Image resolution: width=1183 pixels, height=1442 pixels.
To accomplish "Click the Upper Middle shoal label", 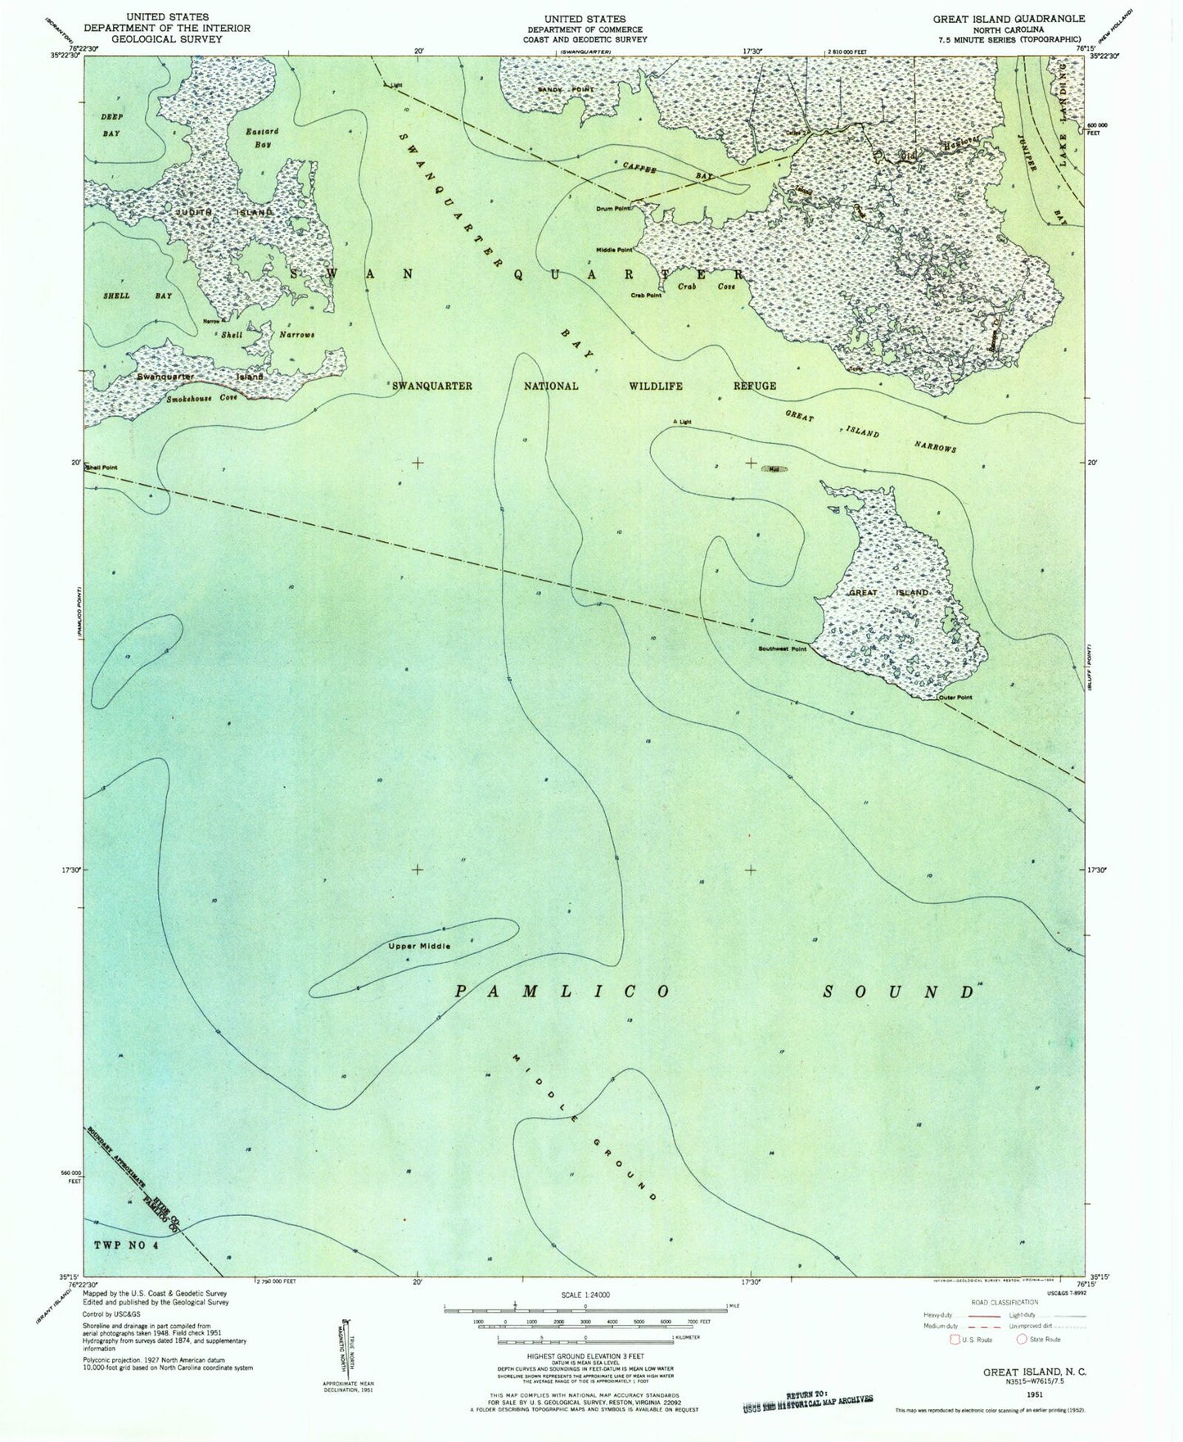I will coord(419,947).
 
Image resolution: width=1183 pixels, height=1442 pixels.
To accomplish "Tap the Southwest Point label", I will coord(782,649).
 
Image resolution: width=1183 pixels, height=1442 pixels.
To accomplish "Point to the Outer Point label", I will coord(955,698).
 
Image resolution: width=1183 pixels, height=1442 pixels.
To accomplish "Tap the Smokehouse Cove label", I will coord(202,399).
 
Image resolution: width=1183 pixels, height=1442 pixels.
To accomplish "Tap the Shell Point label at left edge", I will coord(102,468).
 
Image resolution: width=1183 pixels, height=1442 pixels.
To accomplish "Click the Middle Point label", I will coord(614,250).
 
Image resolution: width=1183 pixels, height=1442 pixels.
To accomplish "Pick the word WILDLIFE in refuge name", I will coord(656,386).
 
